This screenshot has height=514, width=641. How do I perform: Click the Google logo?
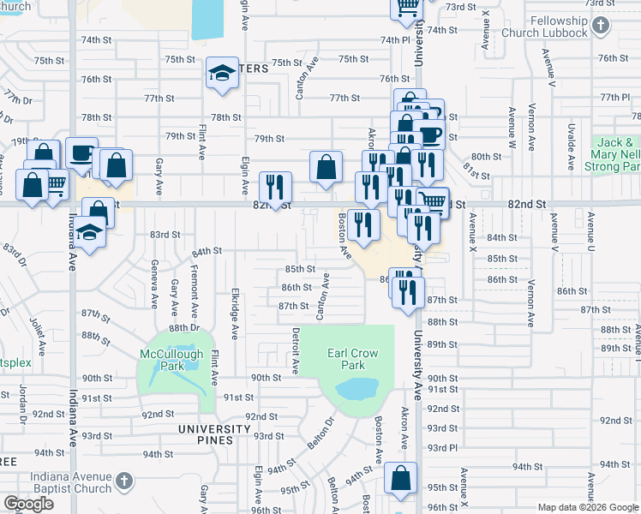(28, 504)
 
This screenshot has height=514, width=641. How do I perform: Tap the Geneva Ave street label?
(154, 284)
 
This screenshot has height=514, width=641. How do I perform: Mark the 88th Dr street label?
(183, 327)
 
